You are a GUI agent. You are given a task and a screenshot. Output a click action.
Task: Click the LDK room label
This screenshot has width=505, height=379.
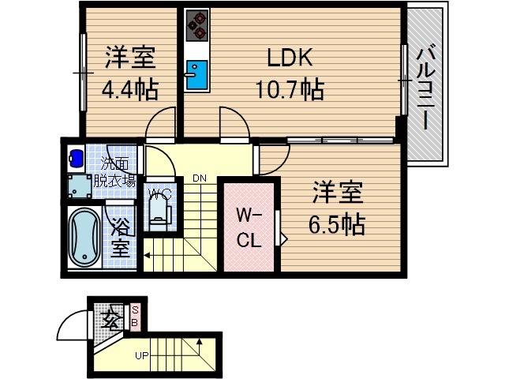289,58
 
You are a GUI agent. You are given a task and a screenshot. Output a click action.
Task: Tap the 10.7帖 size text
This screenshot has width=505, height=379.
289,88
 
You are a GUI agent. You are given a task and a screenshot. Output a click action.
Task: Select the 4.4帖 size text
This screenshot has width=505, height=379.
130,88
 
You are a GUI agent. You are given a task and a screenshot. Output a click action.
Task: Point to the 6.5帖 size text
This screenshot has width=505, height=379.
336,223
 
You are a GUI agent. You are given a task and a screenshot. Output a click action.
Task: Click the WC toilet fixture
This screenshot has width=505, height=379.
159,209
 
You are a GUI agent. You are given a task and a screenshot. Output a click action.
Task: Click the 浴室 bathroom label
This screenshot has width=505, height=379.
121,238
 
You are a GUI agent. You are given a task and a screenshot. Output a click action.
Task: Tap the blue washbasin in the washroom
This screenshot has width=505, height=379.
77,156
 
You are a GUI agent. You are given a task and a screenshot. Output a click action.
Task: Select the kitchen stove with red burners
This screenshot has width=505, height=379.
197,25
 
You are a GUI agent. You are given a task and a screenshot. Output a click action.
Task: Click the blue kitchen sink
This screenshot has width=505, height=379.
196,73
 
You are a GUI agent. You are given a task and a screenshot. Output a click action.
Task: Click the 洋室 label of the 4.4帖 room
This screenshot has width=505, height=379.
130,58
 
